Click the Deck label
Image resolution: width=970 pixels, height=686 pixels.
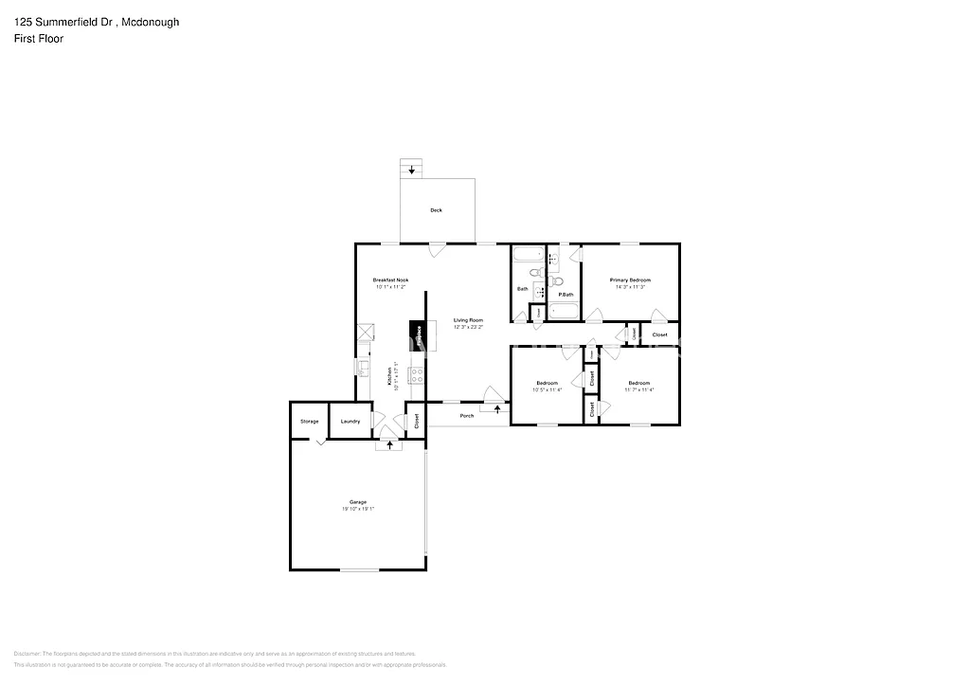(x=436, y=210)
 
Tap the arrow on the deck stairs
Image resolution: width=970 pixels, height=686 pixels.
(x=411, y=171)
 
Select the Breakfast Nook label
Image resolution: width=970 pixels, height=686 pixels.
(x=390, y=280)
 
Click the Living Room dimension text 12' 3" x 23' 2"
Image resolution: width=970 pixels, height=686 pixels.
(x=468, y=327)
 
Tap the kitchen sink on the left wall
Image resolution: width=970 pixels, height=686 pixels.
(x=362, y=367)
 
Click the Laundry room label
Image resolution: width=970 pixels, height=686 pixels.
(x=350, y=421)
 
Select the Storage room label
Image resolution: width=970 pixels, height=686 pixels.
(x=309, y=421)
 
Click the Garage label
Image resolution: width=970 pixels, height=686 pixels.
(x=357, y=502)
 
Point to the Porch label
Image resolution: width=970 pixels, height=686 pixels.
(x=466, y=416)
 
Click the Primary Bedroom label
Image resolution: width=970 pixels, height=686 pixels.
(x=630, y=280)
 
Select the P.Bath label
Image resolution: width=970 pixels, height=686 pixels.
(x=566, y=295)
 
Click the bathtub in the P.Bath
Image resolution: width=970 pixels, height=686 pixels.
(x=565, y=311)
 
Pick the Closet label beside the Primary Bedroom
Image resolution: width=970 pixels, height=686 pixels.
(x=659, y=334)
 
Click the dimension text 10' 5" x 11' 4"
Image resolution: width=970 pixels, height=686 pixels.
(x=547, y=389)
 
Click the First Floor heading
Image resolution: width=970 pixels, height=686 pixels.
(x=38, y=39)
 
